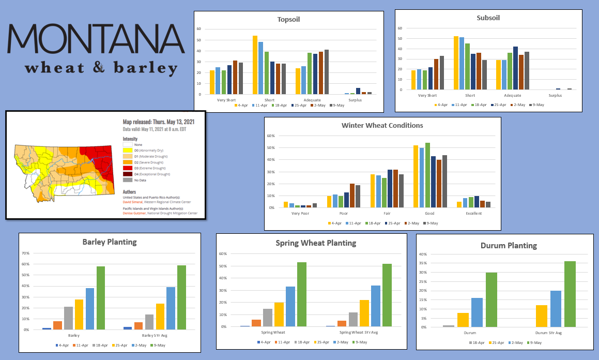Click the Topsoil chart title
288,19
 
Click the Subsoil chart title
488,18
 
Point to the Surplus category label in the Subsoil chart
555,95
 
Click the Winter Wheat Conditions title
382,125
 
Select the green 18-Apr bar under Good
427,175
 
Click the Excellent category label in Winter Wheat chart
473,213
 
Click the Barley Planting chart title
109,242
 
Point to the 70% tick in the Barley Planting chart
25,253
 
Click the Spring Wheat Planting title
316,243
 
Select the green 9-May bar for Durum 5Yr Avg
570,294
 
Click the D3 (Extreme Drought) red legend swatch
126,168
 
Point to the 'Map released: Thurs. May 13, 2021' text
159,123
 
